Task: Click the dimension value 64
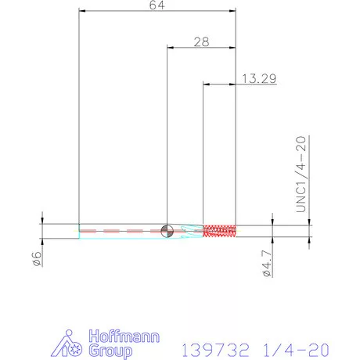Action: coord(158,5)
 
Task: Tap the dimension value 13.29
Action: coord(260,77)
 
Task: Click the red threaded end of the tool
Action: coord(220,231)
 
